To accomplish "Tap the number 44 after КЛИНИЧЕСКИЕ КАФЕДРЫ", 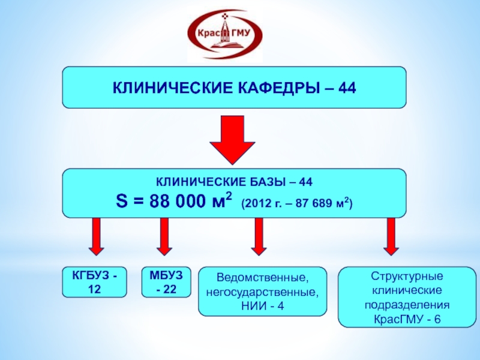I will click(347, 88).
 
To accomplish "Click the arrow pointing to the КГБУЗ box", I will click(95, 236).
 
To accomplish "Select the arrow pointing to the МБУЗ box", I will click(164, 236).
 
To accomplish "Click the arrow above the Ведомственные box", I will click(259, 236).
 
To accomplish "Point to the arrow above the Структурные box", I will click(391, 236).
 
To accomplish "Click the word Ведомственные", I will click(262, 280).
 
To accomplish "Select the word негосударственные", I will click(262, 293).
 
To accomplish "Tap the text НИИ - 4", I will click(262, 307).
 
